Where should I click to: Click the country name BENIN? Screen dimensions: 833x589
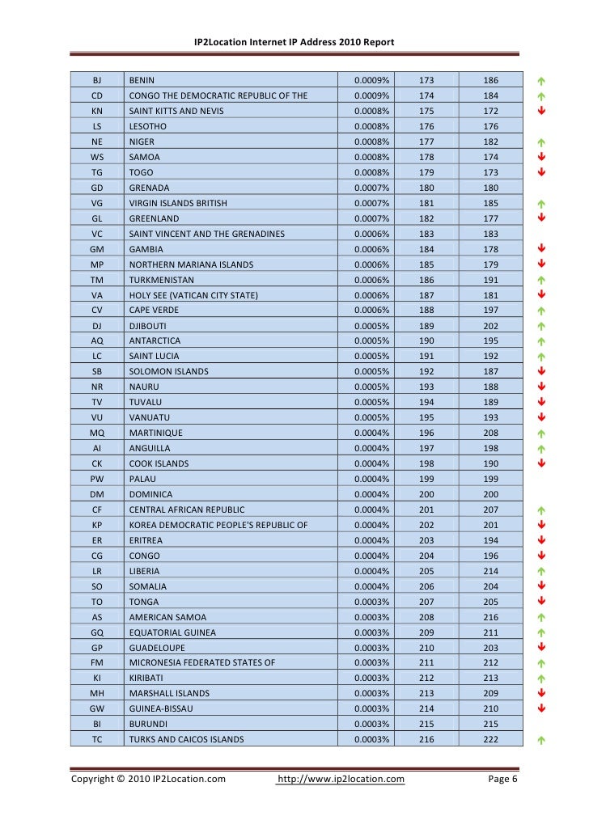coord(142,81)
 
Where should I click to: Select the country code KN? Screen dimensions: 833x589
coord(97,111)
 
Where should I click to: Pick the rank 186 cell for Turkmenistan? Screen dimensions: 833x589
coord(426,280)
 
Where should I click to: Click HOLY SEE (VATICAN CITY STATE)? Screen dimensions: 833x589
coord(193,295)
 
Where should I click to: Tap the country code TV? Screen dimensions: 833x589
coord(97,402)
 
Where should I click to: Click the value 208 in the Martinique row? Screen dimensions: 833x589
coord(490,433)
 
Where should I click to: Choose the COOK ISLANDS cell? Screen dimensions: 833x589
coord(159,463)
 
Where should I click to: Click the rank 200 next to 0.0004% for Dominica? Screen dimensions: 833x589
coord(426,494)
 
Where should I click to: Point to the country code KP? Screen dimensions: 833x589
coord(97,525)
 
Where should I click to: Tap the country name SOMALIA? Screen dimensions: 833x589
coord(148,586)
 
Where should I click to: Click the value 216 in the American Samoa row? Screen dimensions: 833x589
coord(490,617)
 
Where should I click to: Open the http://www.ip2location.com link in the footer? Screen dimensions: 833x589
coord(341,779)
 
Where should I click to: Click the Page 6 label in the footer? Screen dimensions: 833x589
coord(502,779)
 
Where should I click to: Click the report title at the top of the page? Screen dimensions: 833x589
coord(294,41)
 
